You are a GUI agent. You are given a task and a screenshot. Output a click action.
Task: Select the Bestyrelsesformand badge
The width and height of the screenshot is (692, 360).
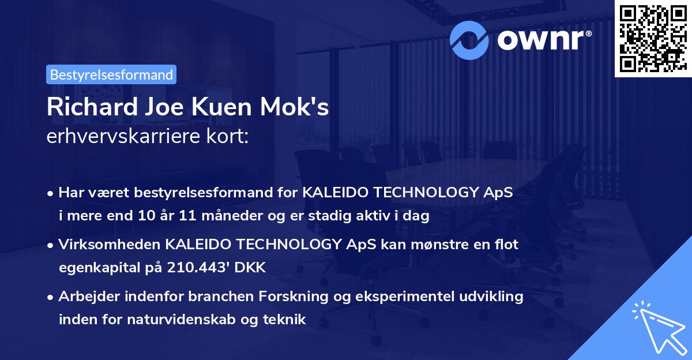tap(111, 74)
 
